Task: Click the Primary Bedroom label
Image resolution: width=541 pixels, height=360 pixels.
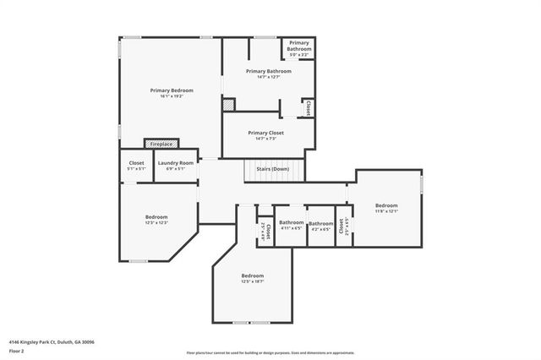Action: [172, 90]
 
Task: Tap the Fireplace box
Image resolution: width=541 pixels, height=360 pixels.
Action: [161, 145]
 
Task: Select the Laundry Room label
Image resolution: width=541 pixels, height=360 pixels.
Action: [175, 162]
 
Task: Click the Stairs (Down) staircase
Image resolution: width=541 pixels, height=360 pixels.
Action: [268, 169]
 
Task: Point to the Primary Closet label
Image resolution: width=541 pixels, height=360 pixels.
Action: [265, 134]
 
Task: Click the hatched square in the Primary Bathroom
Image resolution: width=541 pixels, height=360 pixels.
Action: [228, 106]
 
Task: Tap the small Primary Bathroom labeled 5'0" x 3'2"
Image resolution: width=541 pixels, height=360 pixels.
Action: [298, 49]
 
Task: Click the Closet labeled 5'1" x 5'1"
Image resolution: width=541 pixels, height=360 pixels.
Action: [136, 166]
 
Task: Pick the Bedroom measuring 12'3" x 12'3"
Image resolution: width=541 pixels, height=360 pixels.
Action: [156, 219]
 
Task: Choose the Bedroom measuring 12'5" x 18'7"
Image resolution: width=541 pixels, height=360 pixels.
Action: [252, 279]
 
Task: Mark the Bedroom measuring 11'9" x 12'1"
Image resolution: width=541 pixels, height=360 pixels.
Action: [386, 208]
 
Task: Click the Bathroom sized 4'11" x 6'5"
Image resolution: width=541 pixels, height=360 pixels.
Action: [291, 225]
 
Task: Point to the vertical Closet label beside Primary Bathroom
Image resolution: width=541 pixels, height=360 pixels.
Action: [309, 108]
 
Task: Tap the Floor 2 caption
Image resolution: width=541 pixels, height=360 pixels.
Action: [16, 351]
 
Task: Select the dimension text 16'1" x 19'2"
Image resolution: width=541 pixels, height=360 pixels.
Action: [172, 96]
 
